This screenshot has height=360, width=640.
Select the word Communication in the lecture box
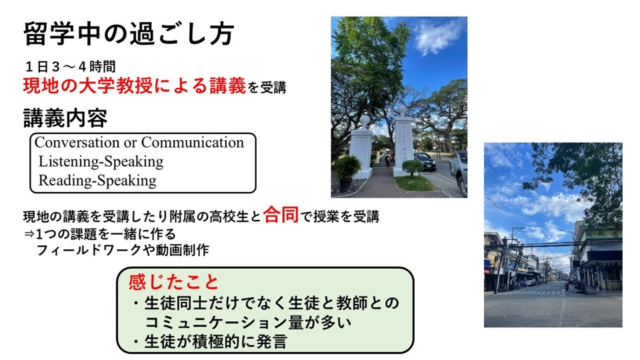(x=192, y=143)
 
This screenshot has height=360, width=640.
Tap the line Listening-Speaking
(x=101, y=161)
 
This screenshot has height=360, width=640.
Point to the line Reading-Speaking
(x=97, y=181)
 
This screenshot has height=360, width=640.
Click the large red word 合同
(x=281, y=215)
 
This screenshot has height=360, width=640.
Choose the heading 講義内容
(x=65, y=119)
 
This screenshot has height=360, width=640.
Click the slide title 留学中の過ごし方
(x=129, y=33)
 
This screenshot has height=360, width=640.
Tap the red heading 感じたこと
(x=174, y=281)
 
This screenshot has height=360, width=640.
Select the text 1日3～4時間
(x=70, y=66)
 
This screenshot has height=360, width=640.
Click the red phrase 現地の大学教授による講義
(x=135, y=86)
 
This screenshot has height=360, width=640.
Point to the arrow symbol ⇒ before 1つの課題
(x=29, y=235)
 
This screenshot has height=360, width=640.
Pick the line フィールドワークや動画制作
(x=123, y=250)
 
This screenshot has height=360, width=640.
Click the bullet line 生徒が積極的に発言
(x=210, y=341)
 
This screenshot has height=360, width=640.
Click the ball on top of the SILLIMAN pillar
(x=402, y=110)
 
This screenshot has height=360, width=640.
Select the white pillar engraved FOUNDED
(x=362, y=149)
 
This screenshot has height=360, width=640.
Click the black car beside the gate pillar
(x=425, y=161)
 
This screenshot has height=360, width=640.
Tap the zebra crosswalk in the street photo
(x=531, y=292)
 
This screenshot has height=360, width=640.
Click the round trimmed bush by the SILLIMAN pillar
(x=412, y=167)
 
